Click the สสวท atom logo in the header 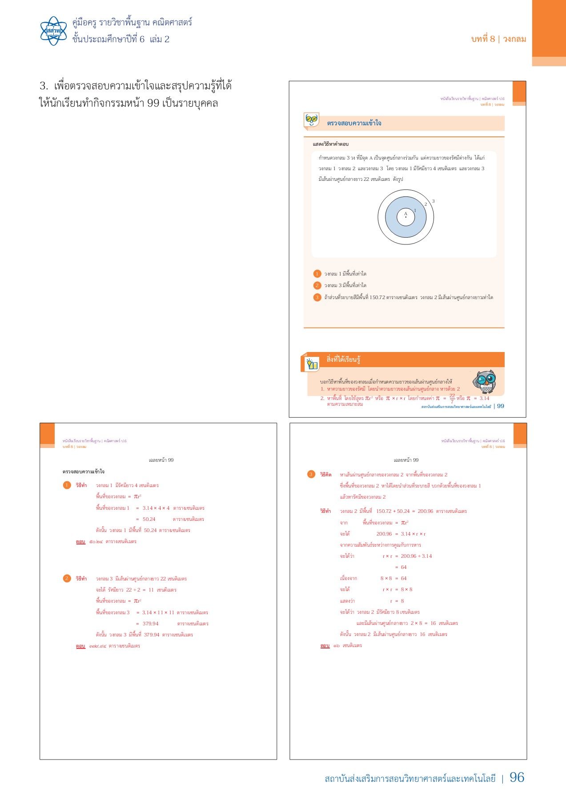53,31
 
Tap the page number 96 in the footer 517,777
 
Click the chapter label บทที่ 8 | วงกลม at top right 498,39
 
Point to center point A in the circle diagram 405,217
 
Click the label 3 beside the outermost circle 434,201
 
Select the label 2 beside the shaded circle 426,204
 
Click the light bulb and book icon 312,364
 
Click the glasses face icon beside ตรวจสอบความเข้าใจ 312,120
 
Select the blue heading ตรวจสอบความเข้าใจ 354,123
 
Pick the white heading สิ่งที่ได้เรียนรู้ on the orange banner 343,360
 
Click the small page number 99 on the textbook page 501,406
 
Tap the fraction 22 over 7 452,398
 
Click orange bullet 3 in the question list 317,297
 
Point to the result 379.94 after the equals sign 150,624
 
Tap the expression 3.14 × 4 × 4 156,508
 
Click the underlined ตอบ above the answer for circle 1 80,542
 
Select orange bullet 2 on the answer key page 67,578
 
